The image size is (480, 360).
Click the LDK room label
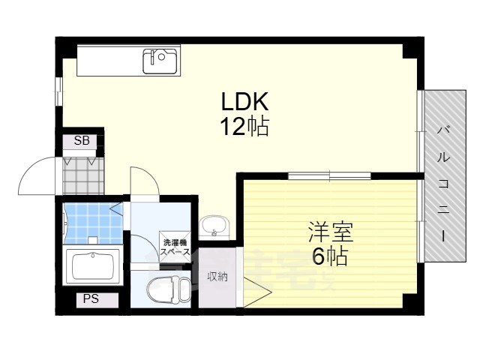244,101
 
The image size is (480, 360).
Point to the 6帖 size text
329,256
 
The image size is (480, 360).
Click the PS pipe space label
91,299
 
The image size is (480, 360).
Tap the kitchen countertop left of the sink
109,59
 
